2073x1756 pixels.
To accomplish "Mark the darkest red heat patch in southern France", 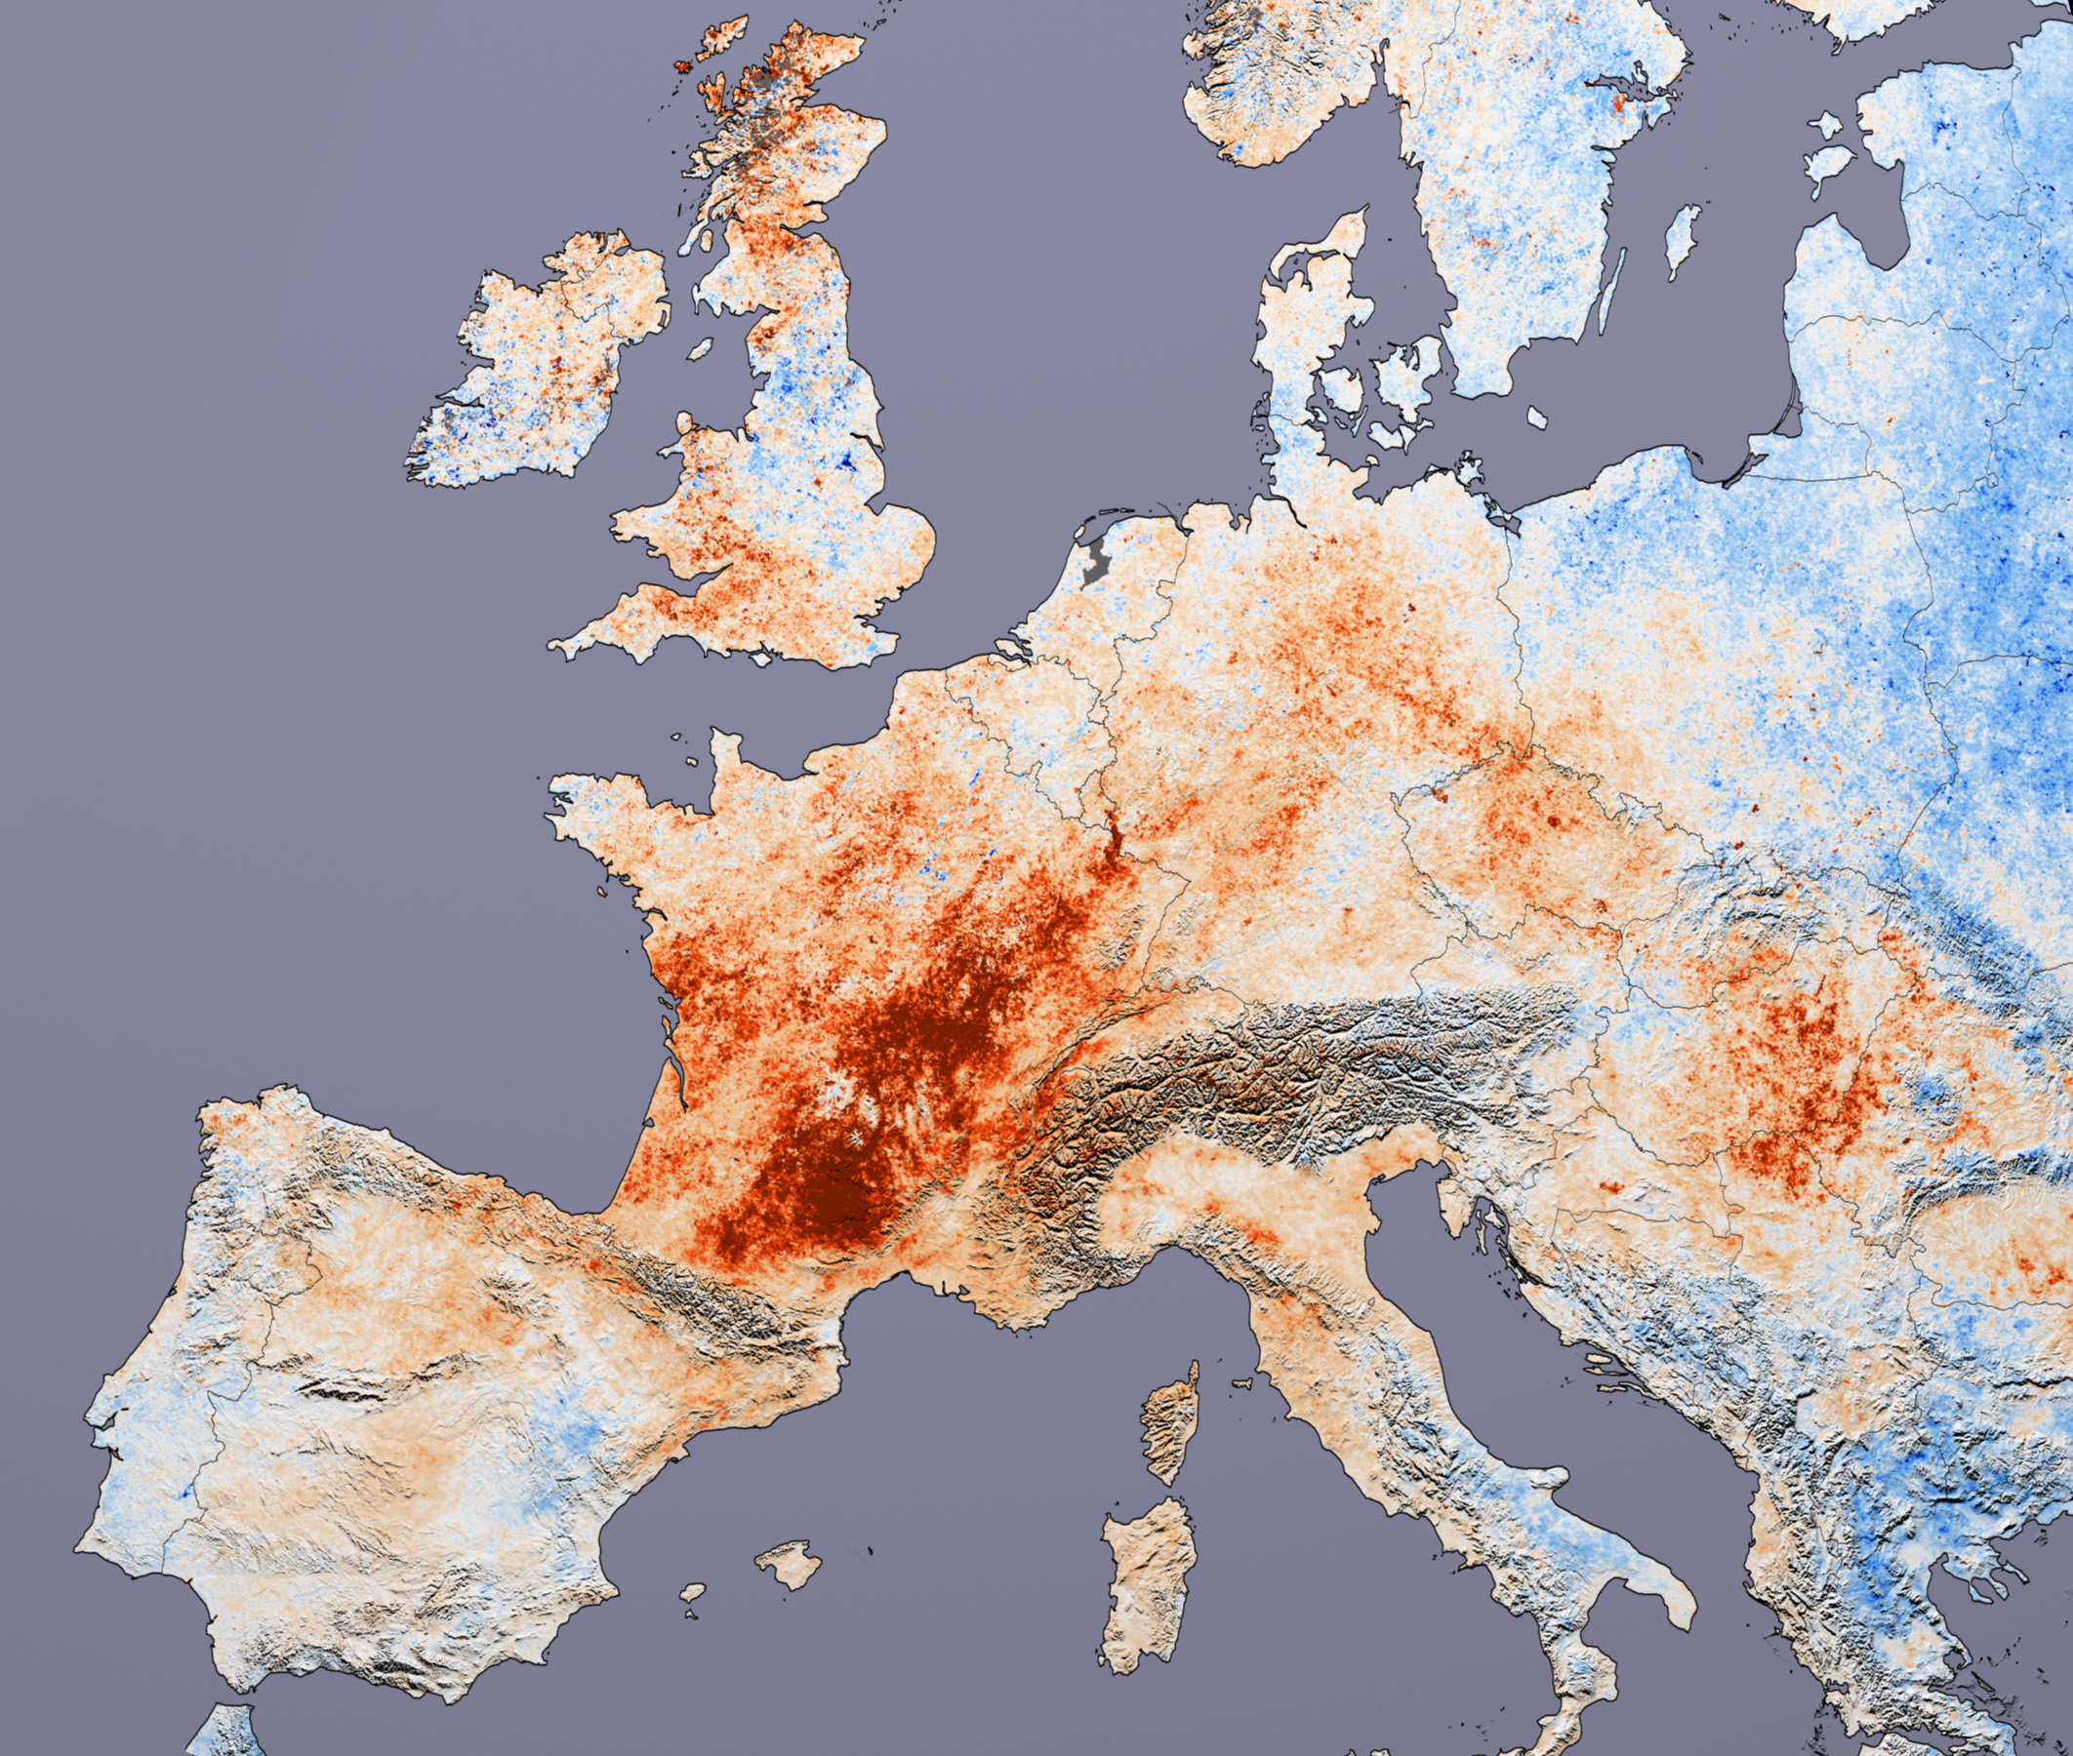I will [827, 1194].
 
